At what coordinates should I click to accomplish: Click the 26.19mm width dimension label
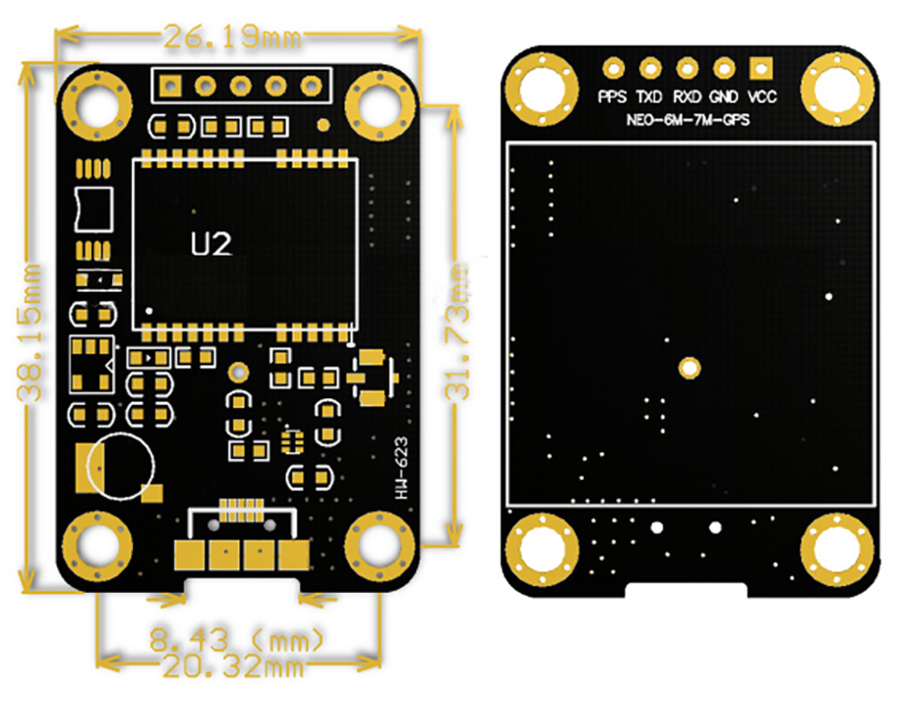[x=232, y=37]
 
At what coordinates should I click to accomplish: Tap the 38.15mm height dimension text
[x=30, y=332]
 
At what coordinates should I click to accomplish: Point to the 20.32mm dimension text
[x=233, y=667]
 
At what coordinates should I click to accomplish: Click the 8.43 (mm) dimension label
[x=237, y=640]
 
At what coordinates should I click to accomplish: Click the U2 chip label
[x=211, y=244]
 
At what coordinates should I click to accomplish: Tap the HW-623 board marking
[x=401, y=467]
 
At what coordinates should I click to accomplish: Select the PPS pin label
[x=613, y=96]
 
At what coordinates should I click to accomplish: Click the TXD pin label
[x=649, y=96]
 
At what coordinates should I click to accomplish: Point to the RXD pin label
[x=687, y=96]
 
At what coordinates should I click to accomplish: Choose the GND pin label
[x=724, y=96]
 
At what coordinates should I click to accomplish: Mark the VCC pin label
[x=761, y=96]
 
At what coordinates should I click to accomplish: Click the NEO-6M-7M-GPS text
[x=688, y=120]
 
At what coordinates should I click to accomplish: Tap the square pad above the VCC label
[x=760, y=69]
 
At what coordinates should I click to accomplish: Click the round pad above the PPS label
[x=613, y=69]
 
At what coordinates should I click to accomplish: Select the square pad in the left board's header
[x=169, y=86]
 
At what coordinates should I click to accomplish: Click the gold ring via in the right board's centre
[x=690, y=368]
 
